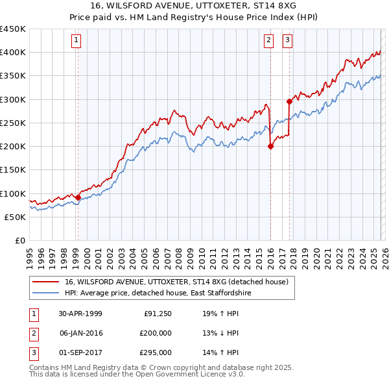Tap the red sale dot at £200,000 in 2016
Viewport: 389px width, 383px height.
(x=270, y=146)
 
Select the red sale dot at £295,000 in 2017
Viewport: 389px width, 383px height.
(x=289, y=101)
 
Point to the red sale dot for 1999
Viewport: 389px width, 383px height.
(x=78, y=197)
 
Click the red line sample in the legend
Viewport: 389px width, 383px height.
(x=45, y=282)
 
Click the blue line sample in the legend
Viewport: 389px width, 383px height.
(x=45, y=293)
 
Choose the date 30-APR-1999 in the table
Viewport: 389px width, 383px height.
(x=80, y=314)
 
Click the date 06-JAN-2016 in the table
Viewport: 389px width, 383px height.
(x=80, y=333)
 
